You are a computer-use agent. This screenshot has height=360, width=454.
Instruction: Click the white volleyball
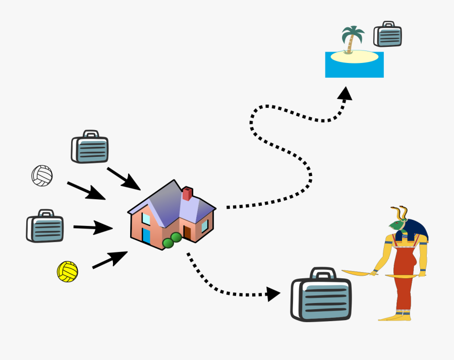tap(42, 175)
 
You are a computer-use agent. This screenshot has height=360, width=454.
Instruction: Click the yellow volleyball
tap(67, 271)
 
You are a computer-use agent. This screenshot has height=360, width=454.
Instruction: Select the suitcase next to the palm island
tap(387, 35)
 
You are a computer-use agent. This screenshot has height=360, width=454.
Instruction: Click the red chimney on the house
tap(188, 194)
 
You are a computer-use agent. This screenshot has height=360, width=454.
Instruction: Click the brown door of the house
tap(187, 232)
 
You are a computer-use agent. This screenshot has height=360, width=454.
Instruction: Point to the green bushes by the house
tap(173, 241)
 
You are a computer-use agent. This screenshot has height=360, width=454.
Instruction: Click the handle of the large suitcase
tap(322, 273)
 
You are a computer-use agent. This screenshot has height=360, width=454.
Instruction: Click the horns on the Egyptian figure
tap(399, 212)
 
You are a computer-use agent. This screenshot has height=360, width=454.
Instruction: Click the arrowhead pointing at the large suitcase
tap(273, 293)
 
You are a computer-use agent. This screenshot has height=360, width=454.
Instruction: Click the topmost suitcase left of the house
tap(90, 147)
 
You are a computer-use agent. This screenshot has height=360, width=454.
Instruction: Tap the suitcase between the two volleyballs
tap(45, 226)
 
